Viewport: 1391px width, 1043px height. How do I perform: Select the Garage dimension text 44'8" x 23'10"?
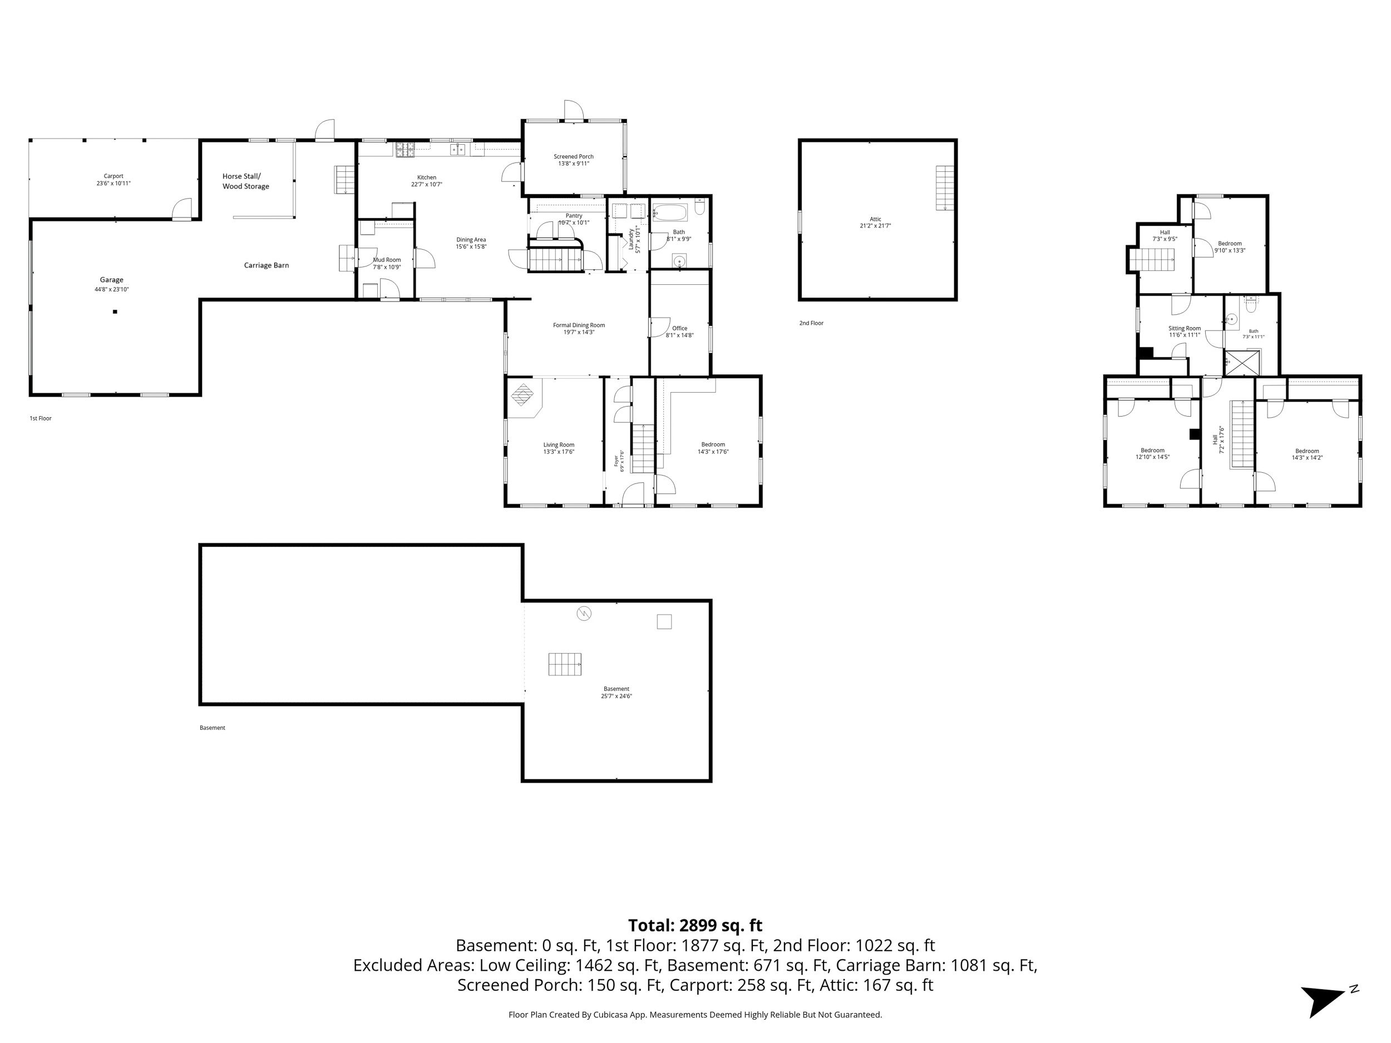(x=111, y=290)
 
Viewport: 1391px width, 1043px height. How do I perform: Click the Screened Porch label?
(x=574, y=156)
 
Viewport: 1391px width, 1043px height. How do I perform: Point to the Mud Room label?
(x=387, y=260)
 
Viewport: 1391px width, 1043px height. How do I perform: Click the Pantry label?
(x=574, y=216)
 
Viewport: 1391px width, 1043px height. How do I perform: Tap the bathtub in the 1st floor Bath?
(x=671, y=212)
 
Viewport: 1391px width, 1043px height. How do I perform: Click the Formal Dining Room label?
(x=579, y=325)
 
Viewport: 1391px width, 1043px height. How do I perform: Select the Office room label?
(x=680, y=328)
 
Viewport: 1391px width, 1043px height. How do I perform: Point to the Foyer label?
(x=616, y=460)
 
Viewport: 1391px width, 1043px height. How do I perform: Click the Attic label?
(x=875, y=219)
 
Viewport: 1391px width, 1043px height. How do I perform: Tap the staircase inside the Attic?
(x=945, y=188)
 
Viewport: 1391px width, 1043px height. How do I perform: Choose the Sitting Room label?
(x=1184, y=328)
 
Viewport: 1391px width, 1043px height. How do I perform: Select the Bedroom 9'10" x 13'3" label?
(x=1230, y=243)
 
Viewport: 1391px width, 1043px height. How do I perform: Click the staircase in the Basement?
(x=565, y=664)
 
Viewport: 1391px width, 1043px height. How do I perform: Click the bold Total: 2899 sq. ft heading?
(x=695, y=926)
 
